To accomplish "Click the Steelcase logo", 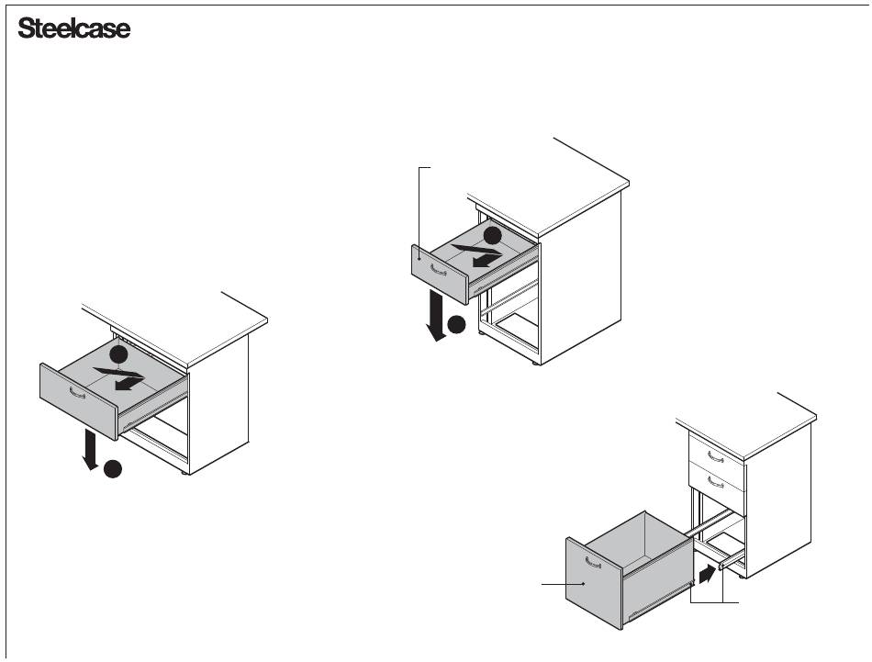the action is click(x=74, y=30).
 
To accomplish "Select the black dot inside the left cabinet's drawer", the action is click(x=117, y=353).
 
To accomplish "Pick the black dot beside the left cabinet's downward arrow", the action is click(x=112, y=469).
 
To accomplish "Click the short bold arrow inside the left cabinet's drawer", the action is click(x=129, y=385).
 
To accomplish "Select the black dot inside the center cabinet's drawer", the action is click(x=493, y=234).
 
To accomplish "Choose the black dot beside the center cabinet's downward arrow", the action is click(x=456, y=324).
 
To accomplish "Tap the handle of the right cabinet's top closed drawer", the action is click(x=715, y=455).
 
